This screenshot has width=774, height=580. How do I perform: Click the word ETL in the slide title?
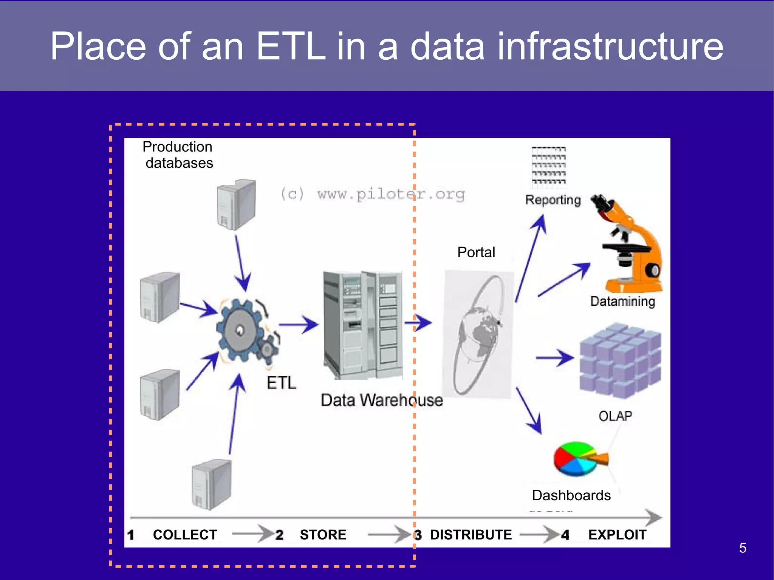[290, 46]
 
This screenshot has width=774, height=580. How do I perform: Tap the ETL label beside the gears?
[281, 383]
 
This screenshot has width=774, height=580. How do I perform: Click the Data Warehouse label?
[382, 400]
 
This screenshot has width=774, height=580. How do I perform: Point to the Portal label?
[476, 252]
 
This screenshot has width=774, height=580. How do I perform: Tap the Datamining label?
[622, 301]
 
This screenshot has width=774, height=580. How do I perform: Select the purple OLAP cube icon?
[620, 361]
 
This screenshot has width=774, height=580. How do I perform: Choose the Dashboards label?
[571, 495]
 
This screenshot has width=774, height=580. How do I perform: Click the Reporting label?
[553, 200]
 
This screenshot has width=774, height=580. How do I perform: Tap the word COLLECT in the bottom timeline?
[185, 535]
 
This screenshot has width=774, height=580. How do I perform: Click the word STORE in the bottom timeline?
[323, 535]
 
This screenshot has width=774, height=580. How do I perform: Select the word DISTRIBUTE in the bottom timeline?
[471, 535]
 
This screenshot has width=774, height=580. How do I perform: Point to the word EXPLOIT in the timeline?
[617, 535]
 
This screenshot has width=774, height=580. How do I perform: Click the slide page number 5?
[743, 548]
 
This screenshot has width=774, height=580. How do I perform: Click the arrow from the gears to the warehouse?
[299, 324]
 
